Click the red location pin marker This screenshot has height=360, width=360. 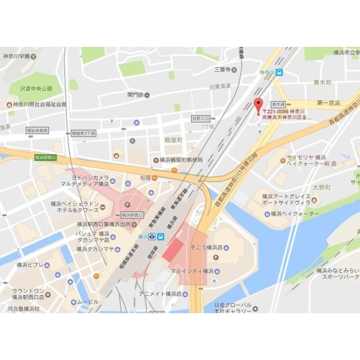pos(258,105)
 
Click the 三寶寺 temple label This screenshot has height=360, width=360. pos(222,69)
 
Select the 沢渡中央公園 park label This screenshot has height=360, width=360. pos(36,88)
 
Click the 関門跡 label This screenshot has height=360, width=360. pos(135,95)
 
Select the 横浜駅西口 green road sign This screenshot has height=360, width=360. pos(46,157)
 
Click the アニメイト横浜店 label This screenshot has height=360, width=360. pos(160,294)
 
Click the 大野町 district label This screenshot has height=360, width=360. pos(321,187)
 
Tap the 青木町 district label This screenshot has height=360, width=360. pos(322,83)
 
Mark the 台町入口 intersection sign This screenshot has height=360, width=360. pos(200,118)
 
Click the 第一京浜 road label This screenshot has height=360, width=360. pos(328,103)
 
